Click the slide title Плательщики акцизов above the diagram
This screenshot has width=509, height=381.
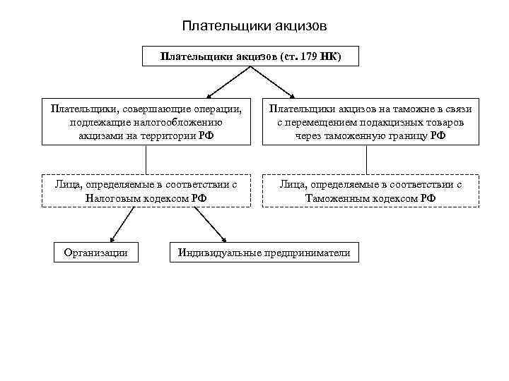(x=254, y=26)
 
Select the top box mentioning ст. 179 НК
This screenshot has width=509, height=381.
(x=250, y=56)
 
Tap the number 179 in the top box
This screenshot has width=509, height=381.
(x=310, y=56)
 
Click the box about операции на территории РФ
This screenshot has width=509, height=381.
(x=146, y=122)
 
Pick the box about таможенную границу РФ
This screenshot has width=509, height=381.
(x=370, y=122)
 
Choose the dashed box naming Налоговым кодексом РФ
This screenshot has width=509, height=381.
(x=146, y=190)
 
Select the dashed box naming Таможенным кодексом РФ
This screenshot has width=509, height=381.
(x=370, y=190)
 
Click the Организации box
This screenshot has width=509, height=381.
(x=95, y=252)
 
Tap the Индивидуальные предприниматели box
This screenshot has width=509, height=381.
(x=264, y=252)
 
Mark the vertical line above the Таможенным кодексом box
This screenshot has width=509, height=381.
(x=370, y=159)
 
